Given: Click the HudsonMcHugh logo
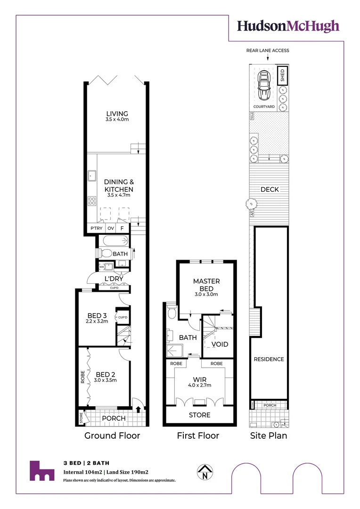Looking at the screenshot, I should (288, 26).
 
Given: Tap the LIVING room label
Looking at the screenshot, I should (117, 114).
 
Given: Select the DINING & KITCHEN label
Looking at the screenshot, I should (119, 185).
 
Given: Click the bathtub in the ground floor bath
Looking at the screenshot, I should (113, 242).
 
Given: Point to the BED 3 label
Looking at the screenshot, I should (98, 316).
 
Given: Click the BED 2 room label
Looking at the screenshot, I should (105, 372).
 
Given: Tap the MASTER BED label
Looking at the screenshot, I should (206, 285).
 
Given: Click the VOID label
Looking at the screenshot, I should (220, 344).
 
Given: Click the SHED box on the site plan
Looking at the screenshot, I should (283, 75).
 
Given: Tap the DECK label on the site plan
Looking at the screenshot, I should (270, 189).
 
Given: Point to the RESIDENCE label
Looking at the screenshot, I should (269, 359).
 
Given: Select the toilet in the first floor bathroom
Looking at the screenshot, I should (172, 313).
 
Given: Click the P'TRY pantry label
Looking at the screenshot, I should (97, 229).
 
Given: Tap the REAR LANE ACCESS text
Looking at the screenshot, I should (267, 50).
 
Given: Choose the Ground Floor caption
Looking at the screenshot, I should (112, 435).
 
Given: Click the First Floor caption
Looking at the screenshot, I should (198, 435).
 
